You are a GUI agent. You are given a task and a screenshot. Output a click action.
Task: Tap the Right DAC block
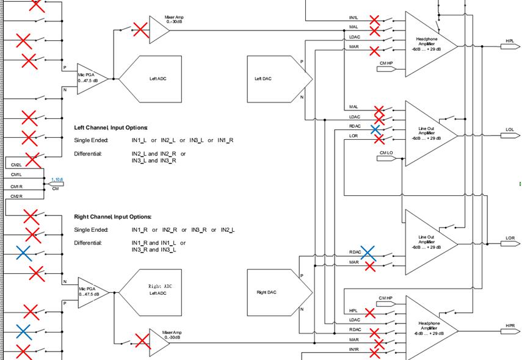pos(275,292)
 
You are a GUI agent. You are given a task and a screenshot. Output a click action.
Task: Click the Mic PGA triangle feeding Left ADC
pos(90,79)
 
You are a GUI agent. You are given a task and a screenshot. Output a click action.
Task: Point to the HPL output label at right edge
pos(510,41)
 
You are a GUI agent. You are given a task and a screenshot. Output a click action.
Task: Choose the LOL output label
pos(510,130)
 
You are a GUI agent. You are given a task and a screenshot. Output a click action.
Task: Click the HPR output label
pos(510,326)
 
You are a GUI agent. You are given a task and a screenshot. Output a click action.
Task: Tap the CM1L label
pos(16,175)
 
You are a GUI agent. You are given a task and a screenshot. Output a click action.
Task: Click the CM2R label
pos(16,196)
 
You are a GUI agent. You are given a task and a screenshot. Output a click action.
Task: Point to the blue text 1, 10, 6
pos(56,179)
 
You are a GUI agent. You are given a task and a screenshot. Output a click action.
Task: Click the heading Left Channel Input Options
pos(111,128)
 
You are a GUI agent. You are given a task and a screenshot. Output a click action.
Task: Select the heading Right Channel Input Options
pos(112,217)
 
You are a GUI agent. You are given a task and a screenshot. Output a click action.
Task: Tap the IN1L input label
pos(354,18)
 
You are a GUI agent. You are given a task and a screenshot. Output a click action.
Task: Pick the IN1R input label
pos(354,349)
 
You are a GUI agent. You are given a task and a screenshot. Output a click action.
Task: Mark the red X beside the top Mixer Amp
pos(141,30)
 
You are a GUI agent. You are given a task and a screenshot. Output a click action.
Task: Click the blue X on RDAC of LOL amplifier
pos(375,129)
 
